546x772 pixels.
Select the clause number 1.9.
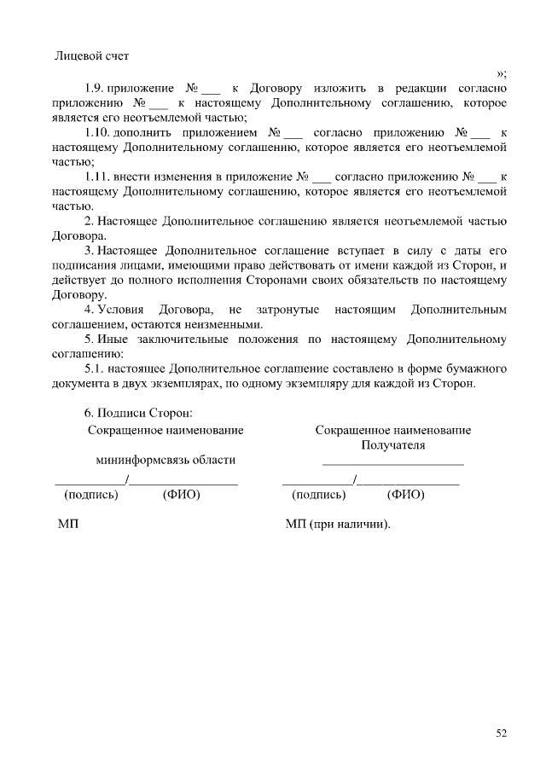95,89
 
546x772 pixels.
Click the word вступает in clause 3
364,251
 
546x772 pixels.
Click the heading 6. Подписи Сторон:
132,414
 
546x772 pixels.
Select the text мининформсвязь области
166,460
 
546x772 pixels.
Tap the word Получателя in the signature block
393,445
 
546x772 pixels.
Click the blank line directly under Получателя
393,463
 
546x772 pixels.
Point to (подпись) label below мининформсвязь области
91,495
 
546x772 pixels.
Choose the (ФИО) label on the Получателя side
405,495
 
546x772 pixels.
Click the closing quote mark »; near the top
502,73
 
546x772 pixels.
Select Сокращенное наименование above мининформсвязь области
166,430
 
